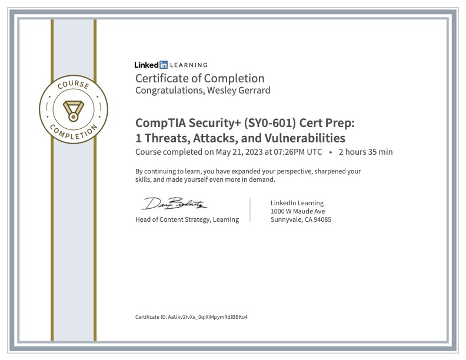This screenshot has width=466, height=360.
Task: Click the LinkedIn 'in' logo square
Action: [x=164, y=65]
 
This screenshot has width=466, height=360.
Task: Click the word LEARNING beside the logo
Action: [x=189, y=65]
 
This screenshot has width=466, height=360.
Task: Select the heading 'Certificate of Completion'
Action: [x=199, y=78]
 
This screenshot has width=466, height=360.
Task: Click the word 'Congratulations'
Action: [x=168, y=91]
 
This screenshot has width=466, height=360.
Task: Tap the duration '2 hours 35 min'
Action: [x=365, y=152]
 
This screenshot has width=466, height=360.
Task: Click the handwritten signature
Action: [x=174, y=204]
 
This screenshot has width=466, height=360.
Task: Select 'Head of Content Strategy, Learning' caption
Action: [x=187, y=219]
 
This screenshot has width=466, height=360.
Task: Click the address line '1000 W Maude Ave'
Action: [x=298, y=211]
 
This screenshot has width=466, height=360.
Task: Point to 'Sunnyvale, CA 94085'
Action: [x=301, y=219]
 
